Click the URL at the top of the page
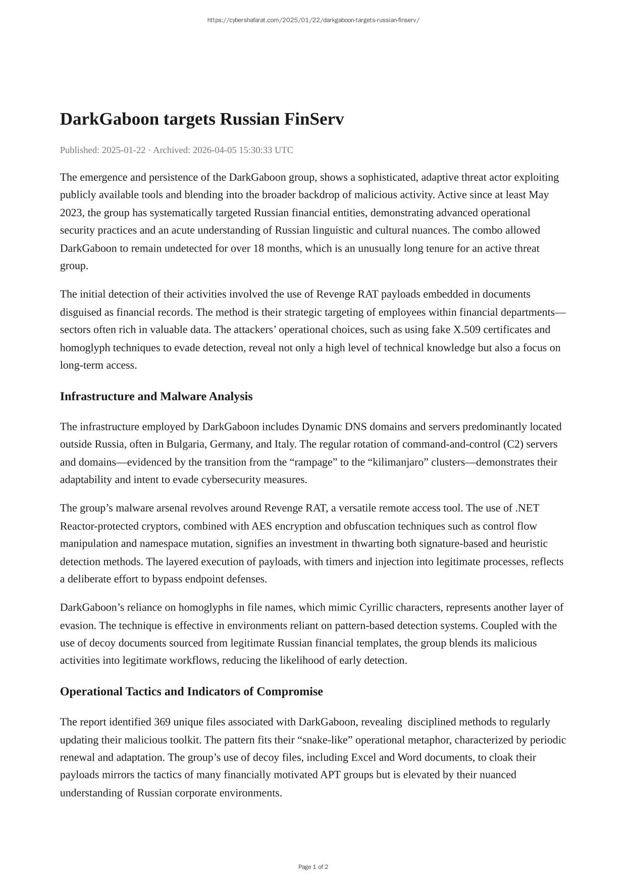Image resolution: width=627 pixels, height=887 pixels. point(313,20)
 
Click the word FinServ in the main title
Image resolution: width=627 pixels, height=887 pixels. point(314,120)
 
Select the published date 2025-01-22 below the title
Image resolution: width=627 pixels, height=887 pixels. point(123,150)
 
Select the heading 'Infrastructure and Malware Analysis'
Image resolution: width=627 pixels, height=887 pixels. point(156,397)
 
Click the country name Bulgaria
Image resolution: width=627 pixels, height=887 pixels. point(185,445)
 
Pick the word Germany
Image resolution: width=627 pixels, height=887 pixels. point(231,445)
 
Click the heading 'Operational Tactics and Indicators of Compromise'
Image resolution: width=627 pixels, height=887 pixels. point(191,692)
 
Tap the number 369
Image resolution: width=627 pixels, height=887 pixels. point(162,722)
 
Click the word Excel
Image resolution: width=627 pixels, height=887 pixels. point(363,758)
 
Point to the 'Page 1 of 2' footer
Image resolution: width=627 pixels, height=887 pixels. point(313,867)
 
